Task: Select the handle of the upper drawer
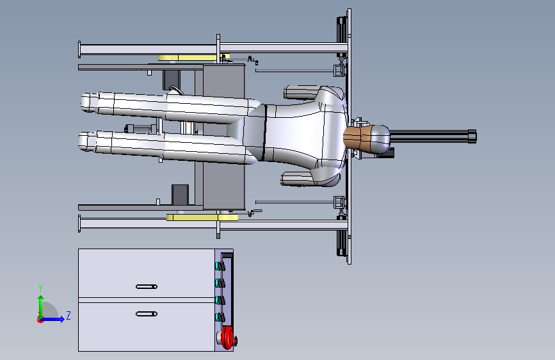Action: (x=147, y=286)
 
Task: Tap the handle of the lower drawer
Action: (x=147, y=314)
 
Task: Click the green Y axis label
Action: (x=40, y=288)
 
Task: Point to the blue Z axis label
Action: (x=68, y=315)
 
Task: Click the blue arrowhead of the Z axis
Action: (x=62, y=319)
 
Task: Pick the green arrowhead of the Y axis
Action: (x=41, y=299)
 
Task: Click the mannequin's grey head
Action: (x=380, y=139)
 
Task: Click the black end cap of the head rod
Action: (x=472, y=136)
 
